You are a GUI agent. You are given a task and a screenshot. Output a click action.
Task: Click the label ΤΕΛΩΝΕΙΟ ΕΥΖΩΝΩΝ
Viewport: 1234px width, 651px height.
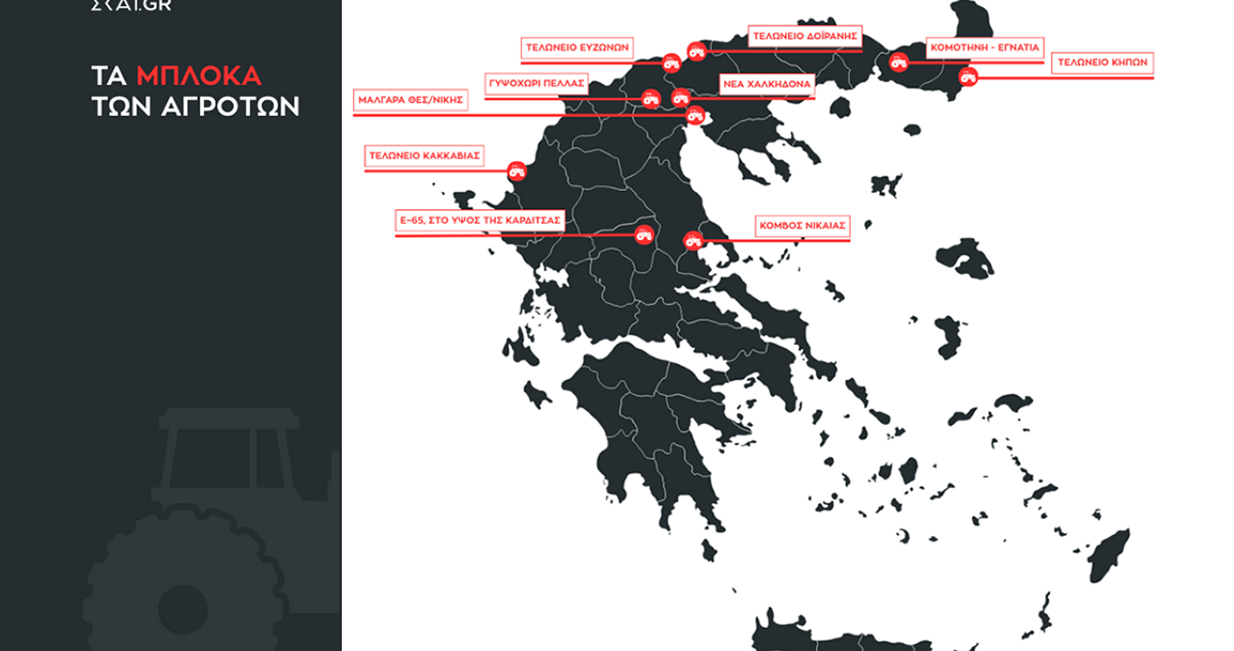(577, 48)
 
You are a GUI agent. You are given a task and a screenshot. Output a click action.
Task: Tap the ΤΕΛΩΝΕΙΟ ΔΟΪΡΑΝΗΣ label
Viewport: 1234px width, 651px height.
(805, 37)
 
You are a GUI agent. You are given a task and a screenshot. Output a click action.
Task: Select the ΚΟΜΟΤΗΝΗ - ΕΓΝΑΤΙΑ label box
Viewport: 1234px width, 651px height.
(984, 48)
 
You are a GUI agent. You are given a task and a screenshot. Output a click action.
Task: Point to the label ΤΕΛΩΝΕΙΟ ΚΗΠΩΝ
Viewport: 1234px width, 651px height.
(1102, 63)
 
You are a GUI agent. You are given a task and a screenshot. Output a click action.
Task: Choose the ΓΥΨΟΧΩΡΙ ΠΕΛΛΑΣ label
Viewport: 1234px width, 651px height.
(536, 83)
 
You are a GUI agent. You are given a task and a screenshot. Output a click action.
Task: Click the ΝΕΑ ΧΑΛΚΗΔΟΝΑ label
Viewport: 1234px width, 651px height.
(766, 84)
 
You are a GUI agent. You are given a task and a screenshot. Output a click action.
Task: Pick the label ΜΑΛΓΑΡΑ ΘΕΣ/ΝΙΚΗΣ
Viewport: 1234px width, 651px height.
(410, 99)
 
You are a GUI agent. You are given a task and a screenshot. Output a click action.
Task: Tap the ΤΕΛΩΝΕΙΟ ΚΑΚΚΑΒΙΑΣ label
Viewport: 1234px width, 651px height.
(423, 156)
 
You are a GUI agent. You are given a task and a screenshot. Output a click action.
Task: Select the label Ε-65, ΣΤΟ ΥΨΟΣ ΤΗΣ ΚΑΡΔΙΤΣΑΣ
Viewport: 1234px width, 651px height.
(479, 220)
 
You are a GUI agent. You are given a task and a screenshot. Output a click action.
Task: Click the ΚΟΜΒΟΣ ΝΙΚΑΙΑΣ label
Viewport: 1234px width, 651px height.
(802, 226)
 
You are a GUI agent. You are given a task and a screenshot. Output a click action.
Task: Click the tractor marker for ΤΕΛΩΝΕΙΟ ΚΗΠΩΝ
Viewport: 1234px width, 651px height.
(968, 77)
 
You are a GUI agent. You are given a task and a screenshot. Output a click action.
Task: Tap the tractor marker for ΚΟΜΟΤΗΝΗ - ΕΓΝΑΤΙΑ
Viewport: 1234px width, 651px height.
(899, 62)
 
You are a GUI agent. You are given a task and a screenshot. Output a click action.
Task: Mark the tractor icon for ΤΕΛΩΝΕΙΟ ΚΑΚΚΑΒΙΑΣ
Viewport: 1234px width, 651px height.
(517, 170)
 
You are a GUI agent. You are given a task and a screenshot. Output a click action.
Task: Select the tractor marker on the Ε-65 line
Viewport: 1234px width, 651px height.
(644, 234)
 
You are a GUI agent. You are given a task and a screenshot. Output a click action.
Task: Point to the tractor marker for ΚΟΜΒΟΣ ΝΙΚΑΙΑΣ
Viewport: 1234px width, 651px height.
(693, 241)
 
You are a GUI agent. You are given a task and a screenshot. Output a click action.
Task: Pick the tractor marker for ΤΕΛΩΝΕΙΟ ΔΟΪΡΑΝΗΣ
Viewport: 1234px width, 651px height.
(697, 51)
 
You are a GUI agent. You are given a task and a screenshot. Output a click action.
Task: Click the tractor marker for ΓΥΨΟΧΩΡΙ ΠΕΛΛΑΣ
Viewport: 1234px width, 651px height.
(652, 99)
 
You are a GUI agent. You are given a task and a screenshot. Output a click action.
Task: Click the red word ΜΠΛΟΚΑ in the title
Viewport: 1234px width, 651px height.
(199, 75)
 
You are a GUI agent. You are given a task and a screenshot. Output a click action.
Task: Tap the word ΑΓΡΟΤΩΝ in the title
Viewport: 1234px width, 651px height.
(231, 106)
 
